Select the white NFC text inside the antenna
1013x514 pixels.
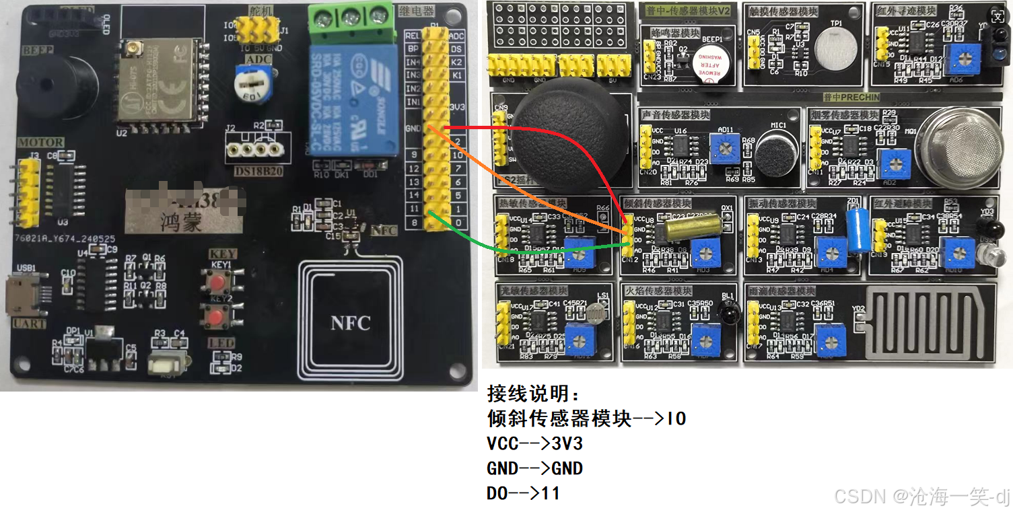click(350, 322)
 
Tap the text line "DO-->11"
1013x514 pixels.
click(523, 493)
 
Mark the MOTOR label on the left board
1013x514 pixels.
click(41, 143)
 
